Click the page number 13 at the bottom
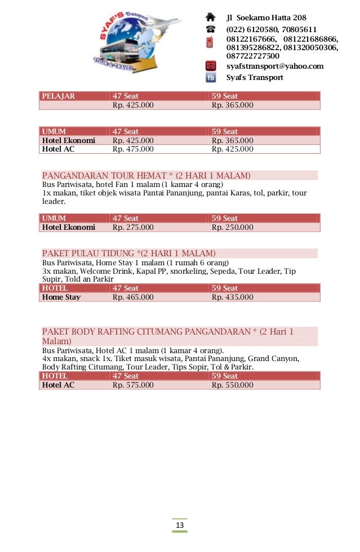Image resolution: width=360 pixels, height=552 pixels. tap(180, 526)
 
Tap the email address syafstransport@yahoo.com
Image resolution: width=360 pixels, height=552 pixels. tap(274, 66)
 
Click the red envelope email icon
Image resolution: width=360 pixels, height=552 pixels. tap(210, 66)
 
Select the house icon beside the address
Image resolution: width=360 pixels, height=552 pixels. tap(210, 17)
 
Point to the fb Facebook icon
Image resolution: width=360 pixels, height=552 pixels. tap(210, 78)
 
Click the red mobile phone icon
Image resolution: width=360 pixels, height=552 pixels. tap(210, 43)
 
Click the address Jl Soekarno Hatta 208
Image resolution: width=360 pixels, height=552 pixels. tap(266, 17)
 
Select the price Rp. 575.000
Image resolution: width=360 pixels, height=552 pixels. tap(133, 385)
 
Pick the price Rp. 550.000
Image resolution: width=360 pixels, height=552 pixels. tap(232, 385)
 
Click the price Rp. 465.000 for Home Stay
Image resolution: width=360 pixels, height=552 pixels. tap(133, 297)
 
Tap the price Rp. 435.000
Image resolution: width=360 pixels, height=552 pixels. tap(232, 297)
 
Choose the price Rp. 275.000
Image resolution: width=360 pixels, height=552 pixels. tap(133, 228)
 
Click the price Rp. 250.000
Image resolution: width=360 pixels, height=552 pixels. tap(232, 228)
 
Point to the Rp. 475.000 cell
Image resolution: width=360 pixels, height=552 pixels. tap(133, 149)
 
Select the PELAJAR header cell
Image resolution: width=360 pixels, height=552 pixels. tap(59, 96)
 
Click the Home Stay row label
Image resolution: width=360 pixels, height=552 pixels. tap(61, 297)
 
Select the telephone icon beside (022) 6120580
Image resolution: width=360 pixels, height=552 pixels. tap(210, 29)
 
